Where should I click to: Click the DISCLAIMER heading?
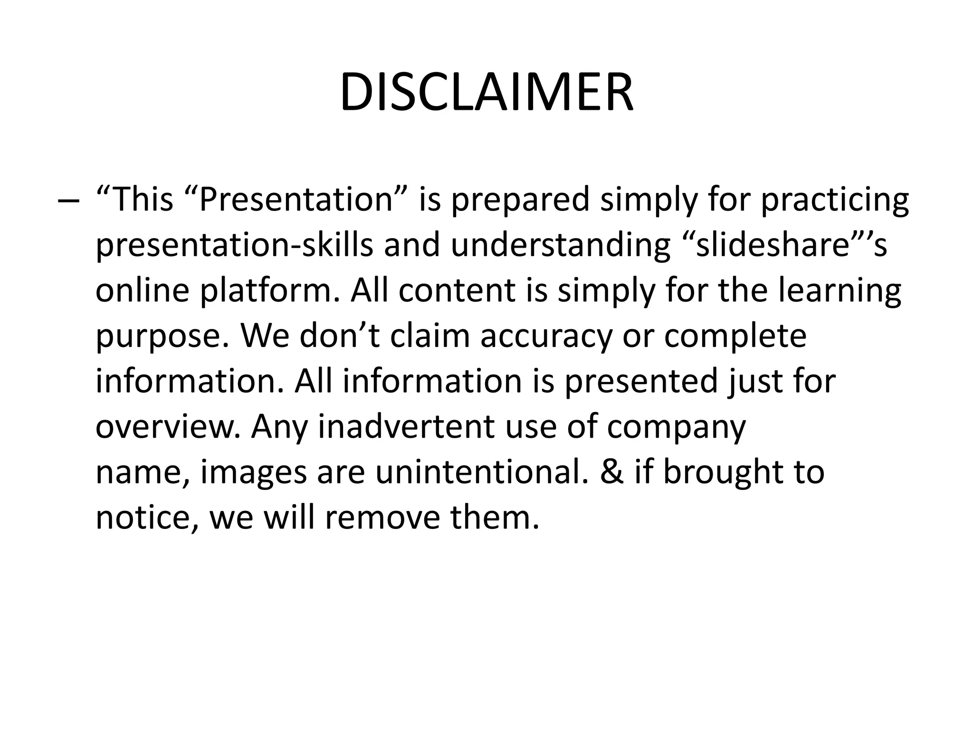coord(486,93)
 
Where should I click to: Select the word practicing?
coord(835,200)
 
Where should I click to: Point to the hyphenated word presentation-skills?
coord(235,245)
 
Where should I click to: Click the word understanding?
coord(561,245)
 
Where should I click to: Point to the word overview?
coord(168,427)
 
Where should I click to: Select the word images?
coord(254,473)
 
